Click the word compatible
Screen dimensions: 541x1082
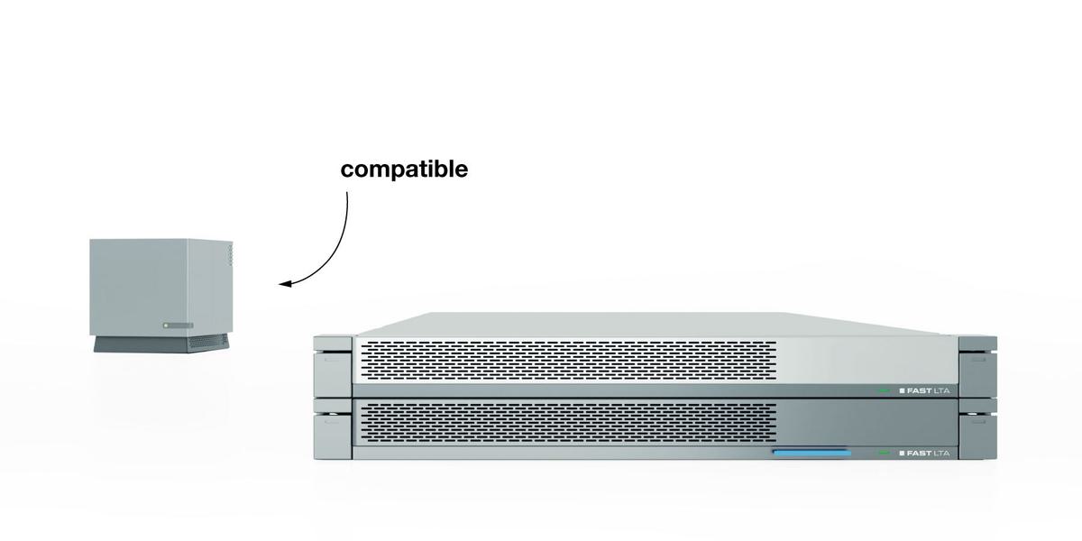(404, 170)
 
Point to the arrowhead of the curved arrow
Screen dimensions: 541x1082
(282, 285)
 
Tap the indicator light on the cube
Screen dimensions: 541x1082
(166, 325)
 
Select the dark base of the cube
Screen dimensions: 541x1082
(159, 344)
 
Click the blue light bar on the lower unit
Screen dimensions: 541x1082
(811, 453)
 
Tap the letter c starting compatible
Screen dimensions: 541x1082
(347, 170)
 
